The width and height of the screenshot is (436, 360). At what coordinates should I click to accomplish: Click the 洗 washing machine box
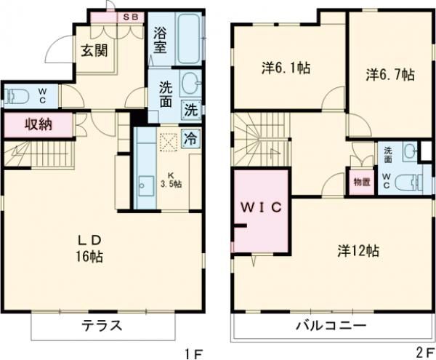(190, 111)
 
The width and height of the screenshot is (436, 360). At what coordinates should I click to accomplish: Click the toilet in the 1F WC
(17, 95)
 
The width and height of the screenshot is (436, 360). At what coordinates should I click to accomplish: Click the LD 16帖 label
(94, 248)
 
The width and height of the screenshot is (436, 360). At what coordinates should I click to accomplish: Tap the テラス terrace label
(100, 324)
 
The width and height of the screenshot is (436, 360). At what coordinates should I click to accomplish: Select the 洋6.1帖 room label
(286, 68)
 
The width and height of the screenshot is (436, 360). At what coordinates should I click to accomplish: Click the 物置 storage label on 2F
(360, 182)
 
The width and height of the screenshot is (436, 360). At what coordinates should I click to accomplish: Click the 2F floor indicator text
(424, 353)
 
